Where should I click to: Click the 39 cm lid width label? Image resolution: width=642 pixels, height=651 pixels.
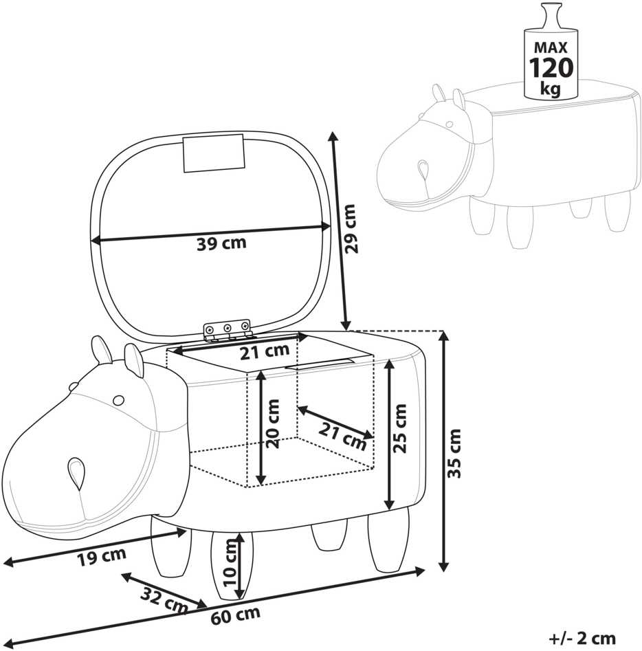click(221, 243)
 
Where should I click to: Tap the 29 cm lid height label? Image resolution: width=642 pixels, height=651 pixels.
click(350, 228)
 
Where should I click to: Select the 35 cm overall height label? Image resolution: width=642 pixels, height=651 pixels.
click(455, 454)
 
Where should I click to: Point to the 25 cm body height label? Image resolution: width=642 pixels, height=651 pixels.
click(400, 428)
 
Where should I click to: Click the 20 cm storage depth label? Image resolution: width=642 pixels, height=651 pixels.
click(272, 424)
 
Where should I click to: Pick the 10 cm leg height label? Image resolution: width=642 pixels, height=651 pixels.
click(230, 562)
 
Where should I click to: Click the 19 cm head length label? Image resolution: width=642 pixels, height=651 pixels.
click(102, 556)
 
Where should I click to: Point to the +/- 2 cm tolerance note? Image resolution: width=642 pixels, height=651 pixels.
click(582, 638)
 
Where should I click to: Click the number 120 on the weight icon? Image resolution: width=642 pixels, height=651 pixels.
click(551, 67)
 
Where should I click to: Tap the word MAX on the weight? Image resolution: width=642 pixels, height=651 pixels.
click(551, 47)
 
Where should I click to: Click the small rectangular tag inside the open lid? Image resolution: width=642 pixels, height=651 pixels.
click(214, 153)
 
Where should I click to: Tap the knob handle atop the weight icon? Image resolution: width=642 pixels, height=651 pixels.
click(551, 16)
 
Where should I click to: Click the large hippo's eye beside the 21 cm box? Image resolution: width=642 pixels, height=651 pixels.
click(118, 400)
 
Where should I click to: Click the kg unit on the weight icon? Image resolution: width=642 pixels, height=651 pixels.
click(550, 88)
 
